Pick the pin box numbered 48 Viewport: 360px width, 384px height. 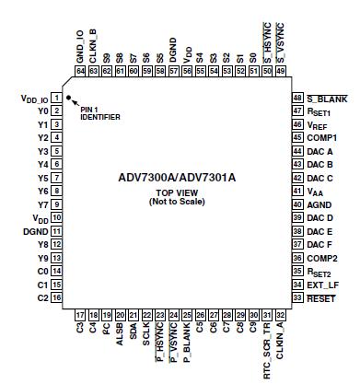click(297, 97)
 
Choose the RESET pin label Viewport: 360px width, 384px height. click(319, 298)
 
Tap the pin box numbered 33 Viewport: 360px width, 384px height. click(297, 298)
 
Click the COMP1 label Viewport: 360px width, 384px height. click(321, 137)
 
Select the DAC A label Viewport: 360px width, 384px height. click(319, 151)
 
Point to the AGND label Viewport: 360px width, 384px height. click(319, 204)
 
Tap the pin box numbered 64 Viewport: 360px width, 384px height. click(81, 70)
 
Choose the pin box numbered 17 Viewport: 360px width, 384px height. click(81, 313)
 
